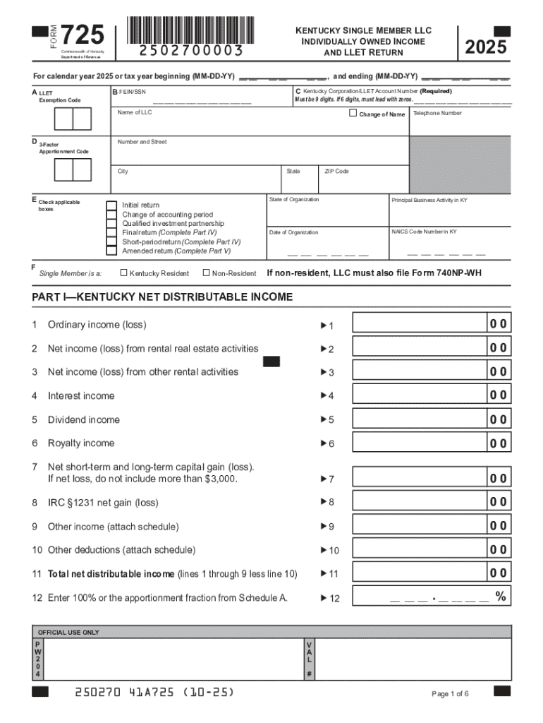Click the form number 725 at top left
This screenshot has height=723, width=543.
pos(83,34)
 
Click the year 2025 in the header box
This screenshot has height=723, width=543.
pos(485,47)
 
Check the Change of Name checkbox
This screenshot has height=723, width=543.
pos(353,113)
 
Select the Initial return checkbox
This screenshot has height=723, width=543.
pos(111,205)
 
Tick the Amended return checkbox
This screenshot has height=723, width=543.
pos(111,250)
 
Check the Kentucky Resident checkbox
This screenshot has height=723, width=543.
pos(124,273)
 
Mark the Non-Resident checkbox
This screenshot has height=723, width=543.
pos(206,273)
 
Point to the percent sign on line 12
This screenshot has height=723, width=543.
pos(500,597)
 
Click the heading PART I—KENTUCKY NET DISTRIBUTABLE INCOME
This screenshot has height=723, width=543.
pos(162,297)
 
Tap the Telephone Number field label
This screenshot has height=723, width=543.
pos(437,113)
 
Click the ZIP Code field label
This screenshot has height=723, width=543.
pos(336,172)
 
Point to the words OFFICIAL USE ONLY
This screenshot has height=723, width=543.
pos(68,632)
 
